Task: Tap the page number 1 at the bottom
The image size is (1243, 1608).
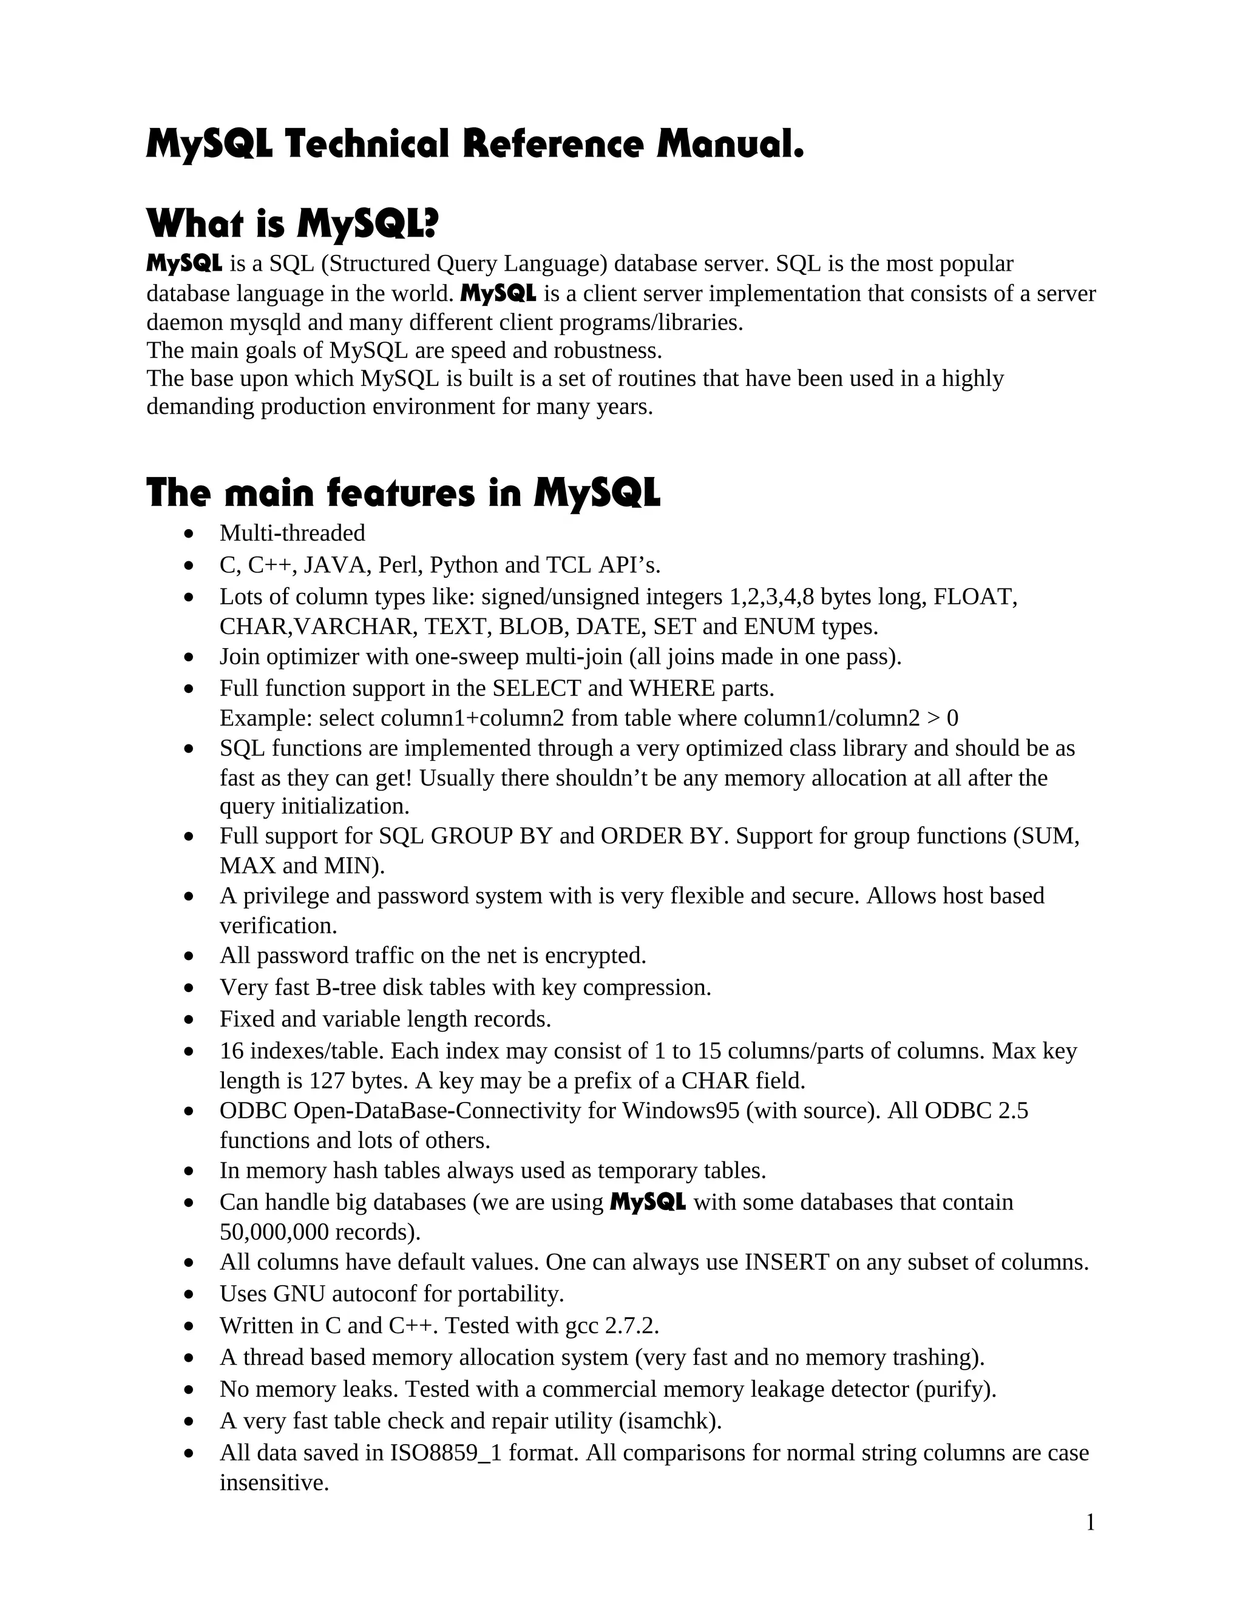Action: (x=1090, y=1522)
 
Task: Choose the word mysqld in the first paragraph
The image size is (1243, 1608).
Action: (x=268, y=322)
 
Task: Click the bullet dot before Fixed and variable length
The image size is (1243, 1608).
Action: (x=190, y=1020)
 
